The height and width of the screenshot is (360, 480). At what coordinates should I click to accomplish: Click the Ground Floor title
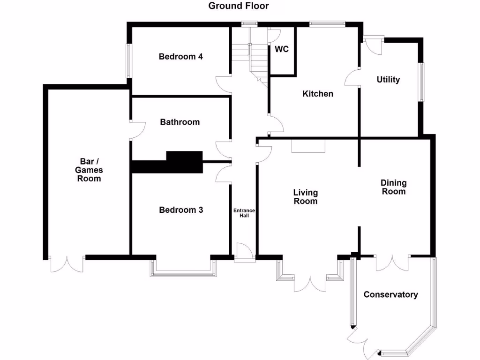[239, 6]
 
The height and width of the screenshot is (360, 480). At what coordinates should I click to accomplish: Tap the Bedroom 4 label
[180, 57]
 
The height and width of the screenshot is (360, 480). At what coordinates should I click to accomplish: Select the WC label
[281, 49]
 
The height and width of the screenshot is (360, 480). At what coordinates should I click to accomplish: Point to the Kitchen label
[317, 94]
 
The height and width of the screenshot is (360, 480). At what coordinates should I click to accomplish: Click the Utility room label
[388, 80]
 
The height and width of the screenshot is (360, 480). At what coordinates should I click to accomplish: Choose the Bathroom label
[180, 122]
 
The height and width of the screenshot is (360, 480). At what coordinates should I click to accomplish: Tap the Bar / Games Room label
[89, 170]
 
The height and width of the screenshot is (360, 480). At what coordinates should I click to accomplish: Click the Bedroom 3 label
[181, 210]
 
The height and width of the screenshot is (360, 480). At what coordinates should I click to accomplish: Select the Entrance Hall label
[244, 213]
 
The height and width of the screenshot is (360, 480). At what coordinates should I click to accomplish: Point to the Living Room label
[305, 197]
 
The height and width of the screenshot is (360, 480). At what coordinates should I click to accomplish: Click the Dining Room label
[393, 187]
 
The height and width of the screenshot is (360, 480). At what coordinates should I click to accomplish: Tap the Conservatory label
[390, 294]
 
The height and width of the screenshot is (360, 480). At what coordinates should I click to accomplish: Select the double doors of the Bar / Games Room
[67, 264]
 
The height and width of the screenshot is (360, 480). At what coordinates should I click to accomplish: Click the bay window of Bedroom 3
[183, 272]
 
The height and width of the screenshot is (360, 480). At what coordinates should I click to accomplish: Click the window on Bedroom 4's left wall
[128, 60]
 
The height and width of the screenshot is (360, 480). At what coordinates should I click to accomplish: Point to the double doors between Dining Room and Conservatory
[393, 263]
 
